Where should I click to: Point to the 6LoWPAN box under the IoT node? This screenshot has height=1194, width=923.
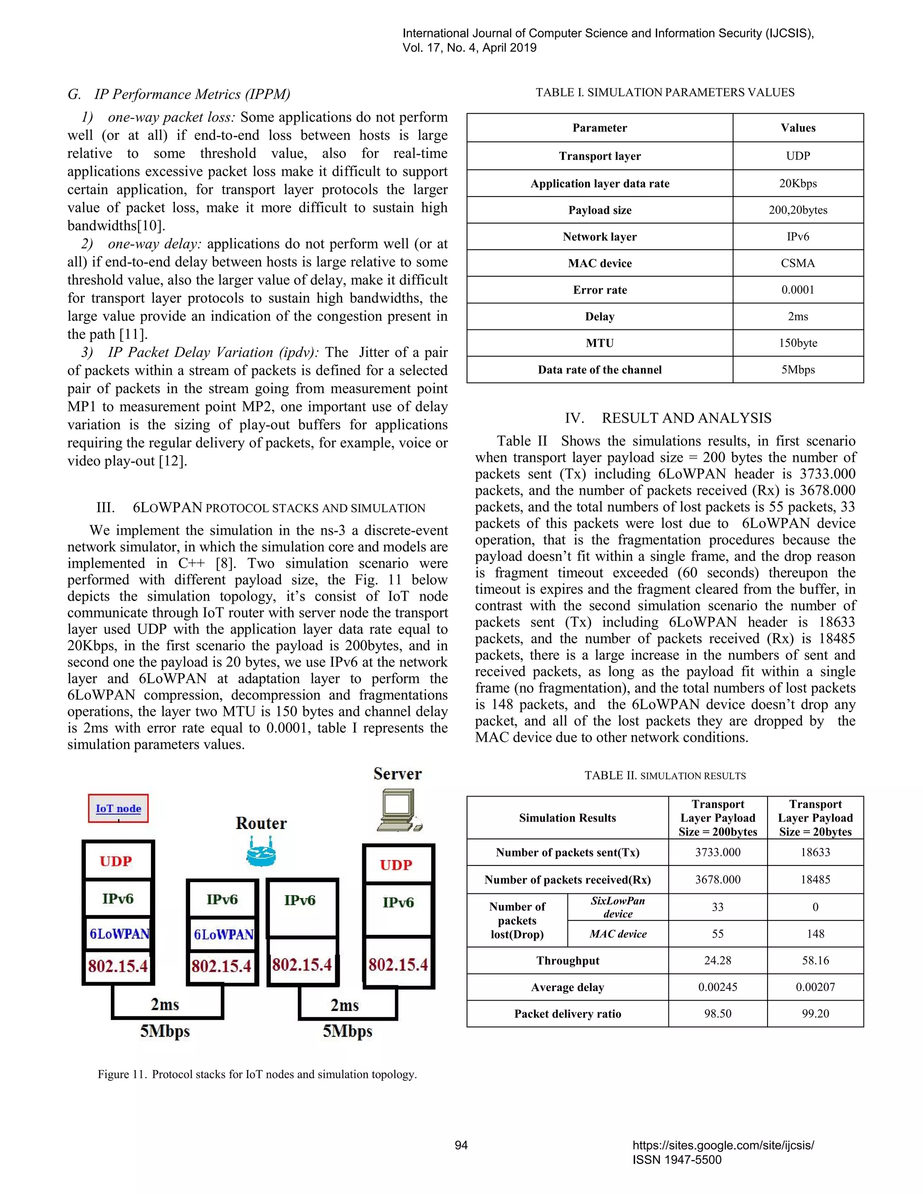[x=119, y=933]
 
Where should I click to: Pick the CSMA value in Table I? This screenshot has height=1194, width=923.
[x=797, y=263]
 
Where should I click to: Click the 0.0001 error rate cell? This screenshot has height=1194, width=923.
[x=797, y=290]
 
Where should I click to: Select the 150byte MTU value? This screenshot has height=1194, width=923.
[x=797, y=343]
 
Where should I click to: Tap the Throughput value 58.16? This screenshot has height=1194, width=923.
[x=815, y=961]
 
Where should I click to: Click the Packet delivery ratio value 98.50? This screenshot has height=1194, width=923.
[x=717, y=1014]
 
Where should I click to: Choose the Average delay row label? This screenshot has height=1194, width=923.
[x=567, y=987]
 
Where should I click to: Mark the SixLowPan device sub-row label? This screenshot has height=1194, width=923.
[x=617, y=907]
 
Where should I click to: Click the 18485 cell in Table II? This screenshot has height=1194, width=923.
[x=815, y=880]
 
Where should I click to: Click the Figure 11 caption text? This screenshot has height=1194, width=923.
[x=257, y=1074]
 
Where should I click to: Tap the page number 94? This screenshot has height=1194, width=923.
[x=461, y=1145]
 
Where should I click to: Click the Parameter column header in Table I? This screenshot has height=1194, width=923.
[x=599, y=128]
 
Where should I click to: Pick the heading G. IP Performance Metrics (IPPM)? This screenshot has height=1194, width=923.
[x=179, y=95]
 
